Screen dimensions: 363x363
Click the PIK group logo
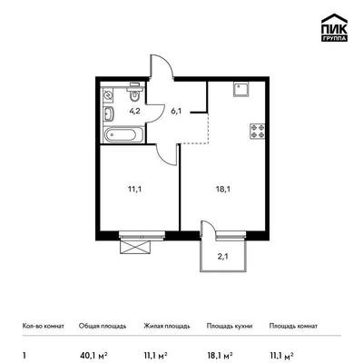pos(334,28)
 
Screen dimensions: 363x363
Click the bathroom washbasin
pos(109,113)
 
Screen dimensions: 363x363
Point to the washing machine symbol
pos(108,95)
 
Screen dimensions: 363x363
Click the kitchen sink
pos(241,89)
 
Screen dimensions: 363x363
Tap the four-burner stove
pos(258,132)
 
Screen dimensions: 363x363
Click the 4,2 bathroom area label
pos(135,111)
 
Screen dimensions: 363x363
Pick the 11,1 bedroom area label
pos(135,190)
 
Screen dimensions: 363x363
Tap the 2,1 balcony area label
pos(223,257)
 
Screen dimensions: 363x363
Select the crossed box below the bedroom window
pos(135,247)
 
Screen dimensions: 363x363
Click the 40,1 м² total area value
pos(93,355)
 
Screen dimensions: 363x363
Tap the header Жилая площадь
pos(167,326)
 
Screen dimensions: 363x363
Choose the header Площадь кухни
pos(230,326)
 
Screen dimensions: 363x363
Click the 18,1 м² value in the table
pos(220,355)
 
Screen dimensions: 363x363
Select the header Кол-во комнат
pos(44,326)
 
